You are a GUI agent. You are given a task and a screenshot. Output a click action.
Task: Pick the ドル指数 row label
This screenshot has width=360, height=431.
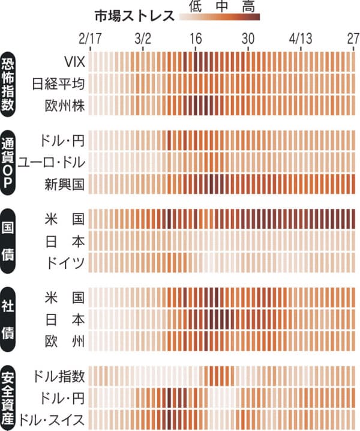pyautogui.click(x=60, y=376)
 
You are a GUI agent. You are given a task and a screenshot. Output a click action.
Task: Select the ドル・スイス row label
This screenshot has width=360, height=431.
pyautogui.click(x=52, y=419)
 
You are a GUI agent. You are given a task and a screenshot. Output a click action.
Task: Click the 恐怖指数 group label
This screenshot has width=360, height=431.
pyautogui.click(x=9, y=83)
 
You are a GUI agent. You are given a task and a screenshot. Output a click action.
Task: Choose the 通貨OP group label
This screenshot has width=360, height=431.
pyautogui.click(x=9, y=161)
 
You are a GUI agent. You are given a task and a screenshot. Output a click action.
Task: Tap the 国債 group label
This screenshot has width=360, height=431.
pyautogui.click(x=9, y=241)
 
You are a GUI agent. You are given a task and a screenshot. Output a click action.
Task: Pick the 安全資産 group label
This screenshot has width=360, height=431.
pyautogui.click(x=9, y=397)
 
